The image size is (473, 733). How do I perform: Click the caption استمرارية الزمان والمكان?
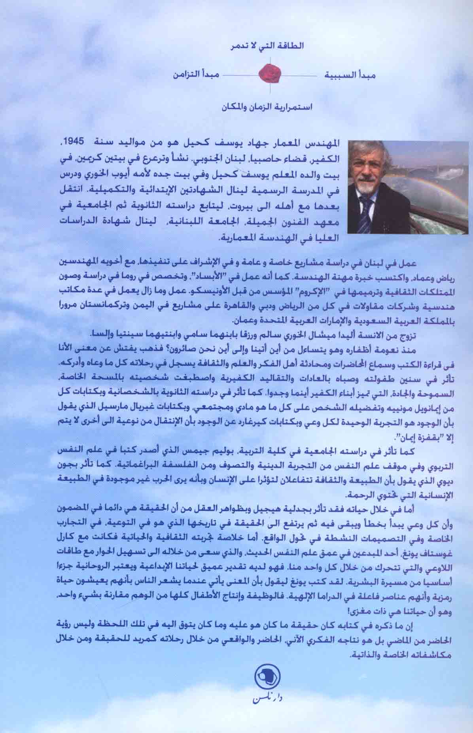tap(268, 106)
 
